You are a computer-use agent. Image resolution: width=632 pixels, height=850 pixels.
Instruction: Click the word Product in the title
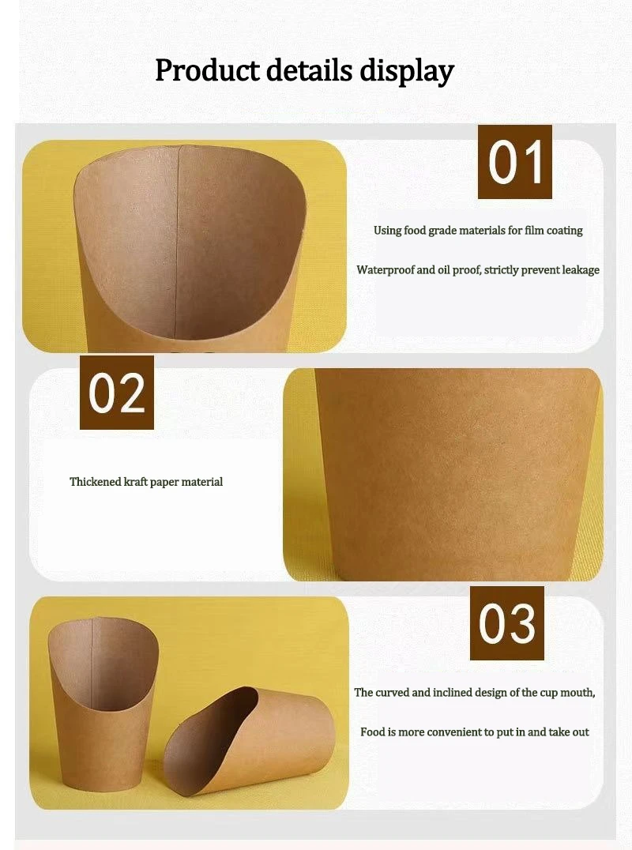point(208,70)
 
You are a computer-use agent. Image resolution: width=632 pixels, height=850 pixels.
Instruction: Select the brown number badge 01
point(515,162)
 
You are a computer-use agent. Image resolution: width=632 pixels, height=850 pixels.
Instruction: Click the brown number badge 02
point(117,393)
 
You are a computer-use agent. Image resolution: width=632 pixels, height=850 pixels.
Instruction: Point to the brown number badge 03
point(507,623)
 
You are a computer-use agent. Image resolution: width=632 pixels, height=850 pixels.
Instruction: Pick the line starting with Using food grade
point(478,231)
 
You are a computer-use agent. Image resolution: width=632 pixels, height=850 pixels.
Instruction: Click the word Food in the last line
point(373,732)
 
